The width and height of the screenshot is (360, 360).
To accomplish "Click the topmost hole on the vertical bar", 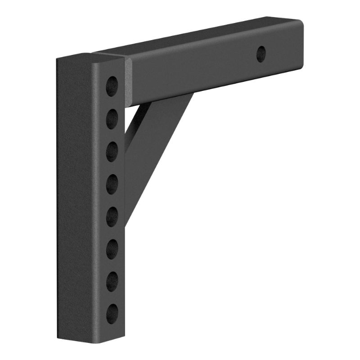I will click(112, 86).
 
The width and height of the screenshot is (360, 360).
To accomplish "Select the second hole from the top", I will click(112, 119).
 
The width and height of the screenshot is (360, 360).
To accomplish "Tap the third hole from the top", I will click(112, 152).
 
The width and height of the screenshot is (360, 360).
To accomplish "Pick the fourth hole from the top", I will click(112, 184).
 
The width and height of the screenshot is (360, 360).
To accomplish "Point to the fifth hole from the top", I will click(112, 216).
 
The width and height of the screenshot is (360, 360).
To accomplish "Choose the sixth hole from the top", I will click(112, 249).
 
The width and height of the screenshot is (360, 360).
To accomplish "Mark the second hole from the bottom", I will click(112, 281).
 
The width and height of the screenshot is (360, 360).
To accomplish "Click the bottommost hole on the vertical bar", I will click(112, 314).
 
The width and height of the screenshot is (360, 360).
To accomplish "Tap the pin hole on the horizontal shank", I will click(261, 54).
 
